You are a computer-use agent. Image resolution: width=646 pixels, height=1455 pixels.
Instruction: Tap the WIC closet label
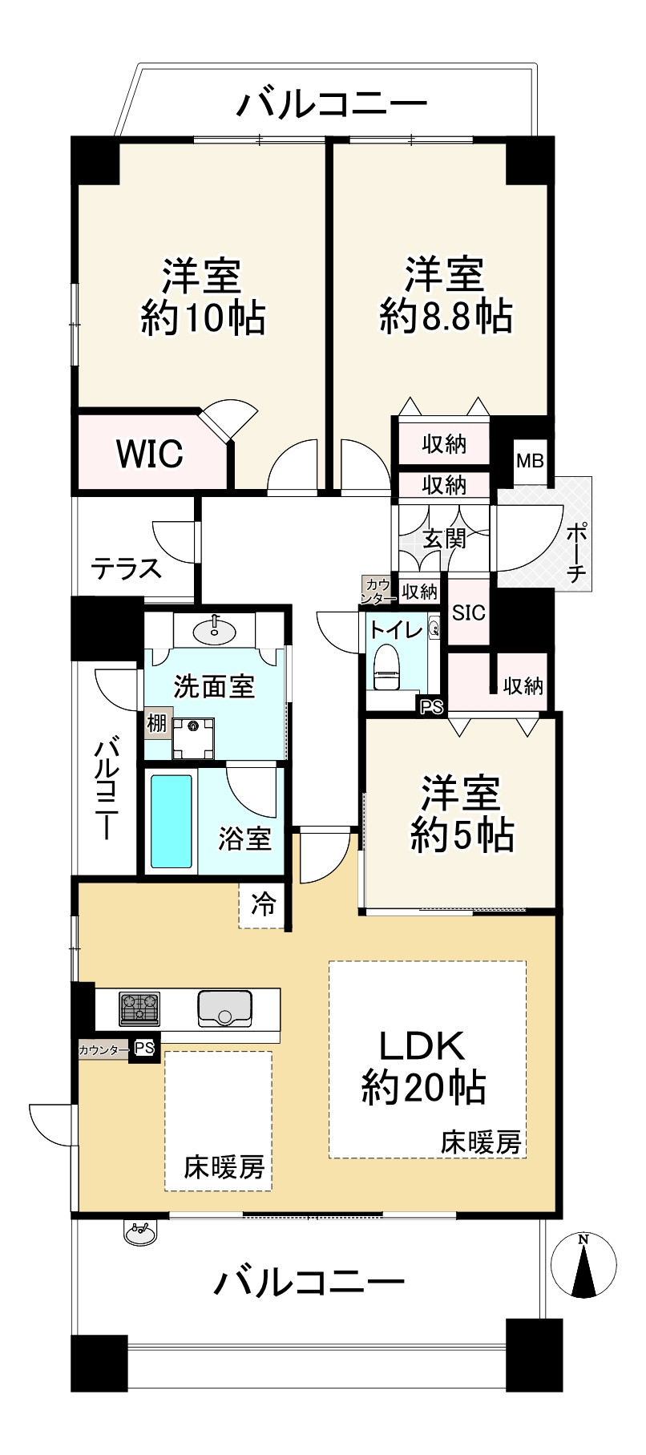point(150,454)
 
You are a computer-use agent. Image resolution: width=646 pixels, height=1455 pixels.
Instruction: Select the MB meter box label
point(530,461)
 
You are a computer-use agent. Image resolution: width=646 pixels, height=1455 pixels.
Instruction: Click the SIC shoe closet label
point(469,612)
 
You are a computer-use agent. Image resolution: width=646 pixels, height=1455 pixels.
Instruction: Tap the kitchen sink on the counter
point(224,1007)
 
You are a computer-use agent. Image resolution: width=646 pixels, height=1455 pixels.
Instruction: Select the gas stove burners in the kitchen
point(140,1007)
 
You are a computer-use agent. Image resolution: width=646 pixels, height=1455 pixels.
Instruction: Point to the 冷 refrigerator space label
point(264,903)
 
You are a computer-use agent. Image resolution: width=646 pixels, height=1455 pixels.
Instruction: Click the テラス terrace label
point(126,568)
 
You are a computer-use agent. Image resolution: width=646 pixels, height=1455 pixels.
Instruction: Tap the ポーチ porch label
point(576,553)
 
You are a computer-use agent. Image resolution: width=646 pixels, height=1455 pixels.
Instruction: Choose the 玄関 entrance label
point(444,538)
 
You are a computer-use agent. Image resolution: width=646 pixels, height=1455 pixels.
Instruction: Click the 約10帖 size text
point(203,318)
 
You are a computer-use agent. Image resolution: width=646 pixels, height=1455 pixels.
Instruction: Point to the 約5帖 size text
point(462,836)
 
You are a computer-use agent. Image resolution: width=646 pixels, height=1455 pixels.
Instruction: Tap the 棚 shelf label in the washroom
point(156,724)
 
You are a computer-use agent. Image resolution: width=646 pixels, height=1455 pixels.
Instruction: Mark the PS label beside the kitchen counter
point(143,1047)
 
